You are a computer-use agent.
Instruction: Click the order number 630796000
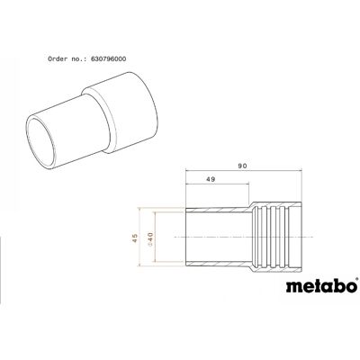pos(108,59)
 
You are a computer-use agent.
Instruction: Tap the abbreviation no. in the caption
pos(79,59)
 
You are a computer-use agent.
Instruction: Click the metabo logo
pos(321,285)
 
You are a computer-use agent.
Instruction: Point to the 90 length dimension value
pos(242,166)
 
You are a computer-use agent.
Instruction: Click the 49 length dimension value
pos(211,179)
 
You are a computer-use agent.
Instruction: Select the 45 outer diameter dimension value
pos(135,238)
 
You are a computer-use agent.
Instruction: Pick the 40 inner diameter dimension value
pos(150,237)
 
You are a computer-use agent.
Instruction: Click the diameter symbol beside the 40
pos(150,245)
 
